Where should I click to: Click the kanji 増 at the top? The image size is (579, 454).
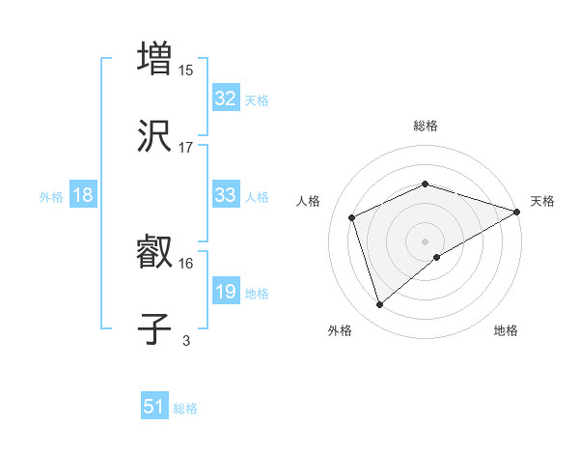pyautogui.click(x=154, y=57)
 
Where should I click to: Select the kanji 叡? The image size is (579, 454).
pyautogui.click(x=154, y=252)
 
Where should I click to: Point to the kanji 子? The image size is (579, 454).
pyautogui.click(x=154, y=329)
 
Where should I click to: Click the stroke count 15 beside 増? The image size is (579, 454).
pyautogui.click(x=186, y=70)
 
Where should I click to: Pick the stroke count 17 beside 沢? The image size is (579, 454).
pyautogui.click(x=186, y=148)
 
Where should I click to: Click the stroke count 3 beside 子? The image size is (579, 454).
pyautogui.click(x=186, y=341)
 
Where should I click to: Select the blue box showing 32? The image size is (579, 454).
pyautogui.click(x=225, y=99)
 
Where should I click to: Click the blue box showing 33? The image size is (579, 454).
pyautogui.click(x=225, y=195)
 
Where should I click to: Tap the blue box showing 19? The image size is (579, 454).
pyautogui.click(x=225, y=292)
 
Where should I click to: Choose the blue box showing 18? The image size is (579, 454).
pyautogui.click(x=83, y=195)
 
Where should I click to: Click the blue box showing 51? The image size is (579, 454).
pyautogui.click(x=153, y=407)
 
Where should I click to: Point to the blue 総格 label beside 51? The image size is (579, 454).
pyautogui.click(x=185, y=409)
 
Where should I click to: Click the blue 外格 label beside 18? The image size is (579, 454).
pyautogui.click(x=51, y=197)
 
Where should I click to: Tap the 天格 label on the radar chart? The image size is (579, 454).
pyautogui.click(x=542, y=201)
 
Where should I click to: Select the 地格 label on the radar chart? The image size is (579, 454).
pyautogui.click(x=506, y=330)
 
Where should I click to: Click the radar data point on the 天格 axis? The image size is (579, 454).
pyautogui.click(x=517, y=212)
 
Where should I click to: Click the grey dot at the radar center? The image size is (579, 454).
pyautogui.click(x=425, y=241)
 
